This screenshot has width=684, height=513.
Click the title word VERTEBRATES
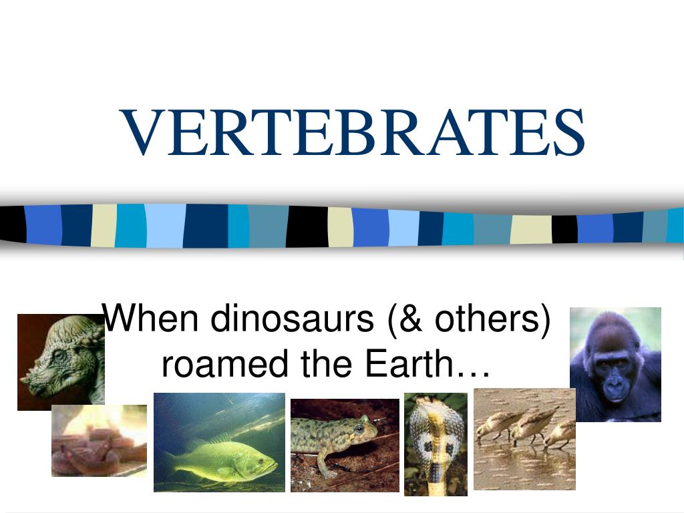point(353,133)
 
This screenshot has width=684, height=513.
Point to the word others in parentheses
point(486,319)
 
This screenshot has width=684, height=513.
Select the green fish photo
point(219,442)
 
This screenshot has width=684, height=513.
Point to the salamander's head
point(363,427)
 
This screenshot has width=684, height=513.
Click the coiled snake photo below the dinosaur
point(99,441)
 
